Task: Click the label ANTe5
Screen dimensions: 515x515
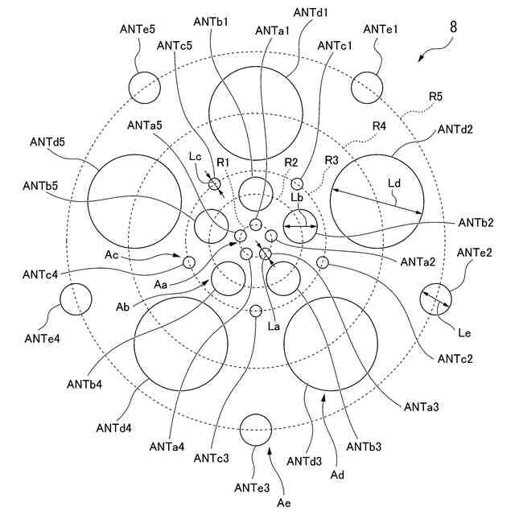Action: pyautogui.click(x=135, y=29)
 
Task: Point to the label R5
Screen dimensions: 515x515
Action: pyautogui.click(x=436, y=97)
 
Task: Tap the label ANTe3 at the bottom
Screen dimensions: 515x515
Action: pyautogui.click(x=257, y=487)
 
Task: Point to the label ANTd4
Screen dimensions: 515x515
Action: pyautogui.click(x=113, y=426)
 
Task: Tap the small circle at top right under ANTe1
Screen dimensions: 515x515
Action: pyautogui.click(x=366, y=87)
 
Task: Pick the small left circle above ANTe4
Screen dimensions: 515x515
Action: pyautogui.click(x=75, y=300)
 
